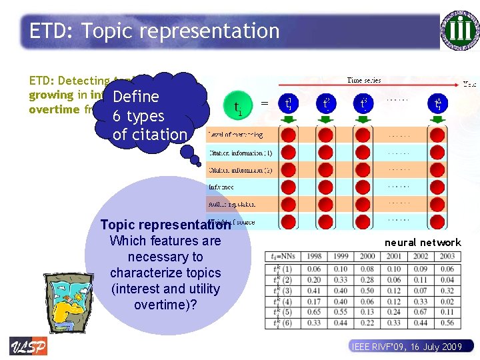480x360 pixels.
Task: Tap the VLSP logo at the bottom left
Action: [x=28, y=346]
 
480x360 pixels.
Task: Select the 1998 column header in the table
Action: [x=314, y=256]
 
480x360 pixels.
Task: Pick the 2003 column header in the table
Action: [x=447, y=256]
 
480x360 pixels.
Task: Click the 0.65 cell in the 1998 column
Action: [x=314, y=312]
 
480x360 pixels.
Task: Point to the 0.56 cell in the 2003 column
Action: [x=447, y=323]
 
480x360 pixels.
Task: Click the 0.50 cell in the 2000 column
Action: [x=367, y=290]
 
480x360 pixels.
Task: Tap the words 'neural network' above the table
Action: [x=422, y=243]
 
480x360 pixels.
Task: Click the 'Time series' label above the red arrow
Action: [x=364, y=80]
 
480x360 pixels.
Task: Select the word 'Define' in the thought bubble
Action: [x=136, y=97]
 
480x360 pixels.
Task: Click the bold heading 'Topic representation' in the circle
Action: [x=165, y=225]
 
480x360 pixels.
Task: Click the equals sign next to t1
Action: [x=265, y=103]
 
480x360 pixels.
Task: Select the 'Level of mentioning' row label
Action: [x=237, y=135]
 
